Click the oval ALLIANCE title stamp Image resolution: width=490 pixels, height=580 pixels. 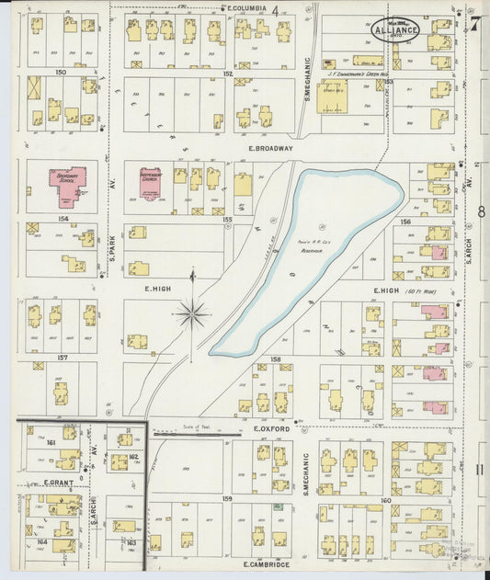pos(395,29)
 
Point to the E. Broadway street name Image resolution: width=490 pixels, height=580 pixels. pos(270,147)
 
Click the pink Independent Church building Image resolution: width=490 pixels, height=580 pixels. pos(150,184)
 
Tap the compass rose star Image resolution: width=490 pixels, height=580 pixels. pos(192,313)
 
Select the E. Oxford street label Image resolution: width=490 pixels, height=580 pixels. pos(271,428)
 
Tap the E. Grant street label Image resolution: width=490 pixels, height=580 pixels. pos(57,482)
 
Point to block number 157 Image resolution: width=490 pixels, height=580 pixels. pos(63,357)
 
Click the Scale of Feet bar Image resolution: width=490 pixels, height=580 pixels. pos(193,433)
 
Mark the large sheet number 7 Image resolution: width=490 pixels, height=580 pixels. pos(474,24)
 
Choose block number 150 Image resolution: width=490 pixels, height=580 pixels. pos(61,71)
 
